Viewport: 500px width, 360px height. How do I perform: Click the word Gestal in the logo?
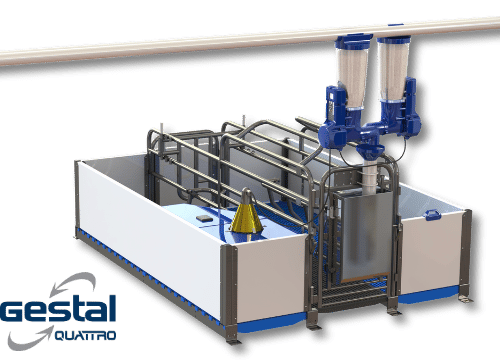(x=58, y=309)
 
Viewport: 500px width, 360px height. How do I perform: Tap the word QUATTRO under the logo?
(x=85, y=335)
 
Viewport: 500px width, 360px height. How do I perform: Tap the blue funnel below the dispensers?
(x=370, y=150)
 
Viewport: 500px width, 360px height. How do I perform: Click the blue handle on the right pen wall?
(x=433, y=215)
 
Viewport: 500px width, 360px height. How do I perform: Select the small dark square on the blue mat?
(x=203, y=219)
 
